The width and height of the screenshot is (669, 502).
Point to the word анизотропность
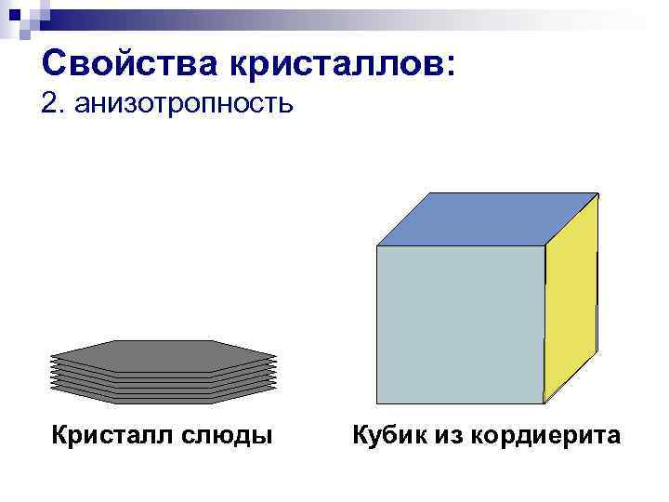[186, 104]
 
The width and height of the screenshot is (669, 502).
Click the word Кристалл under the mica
[114, 434]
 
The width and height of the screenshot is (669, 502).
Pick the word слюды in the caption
[232, 434]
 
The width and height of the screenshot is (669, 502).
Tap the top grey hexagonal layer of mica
[164, 355]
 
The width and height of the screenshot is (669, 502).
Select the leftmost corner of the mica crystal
[49, 358]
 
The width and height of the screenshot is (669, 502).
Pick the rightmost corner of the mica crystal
[278, 358]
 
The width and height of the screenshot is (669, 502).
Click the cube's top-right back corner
[598, 193]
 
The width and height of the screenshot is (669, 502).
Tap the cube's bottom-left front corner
[377, 403]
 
